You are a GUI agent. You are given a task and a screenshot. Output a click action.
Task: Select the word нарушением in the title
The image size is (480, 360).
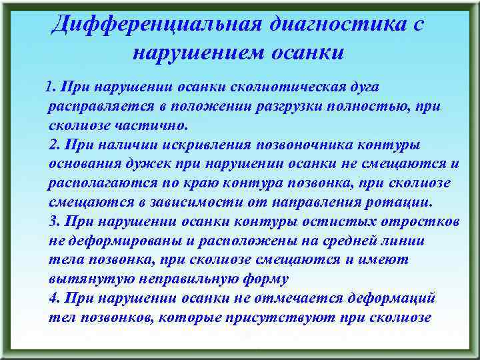[x=195, y=53]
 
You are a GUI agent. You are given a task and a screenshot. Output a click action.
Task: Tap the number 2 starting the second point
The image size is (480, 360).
[x=54, y=145]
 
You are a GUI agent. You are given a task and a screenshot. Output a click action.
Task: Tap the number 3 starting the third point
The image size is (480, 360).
[x=54, y=221]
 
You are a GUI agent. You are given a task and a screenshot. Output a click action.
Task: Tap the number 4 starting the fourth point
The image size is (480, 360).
[x=54, y=298]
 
